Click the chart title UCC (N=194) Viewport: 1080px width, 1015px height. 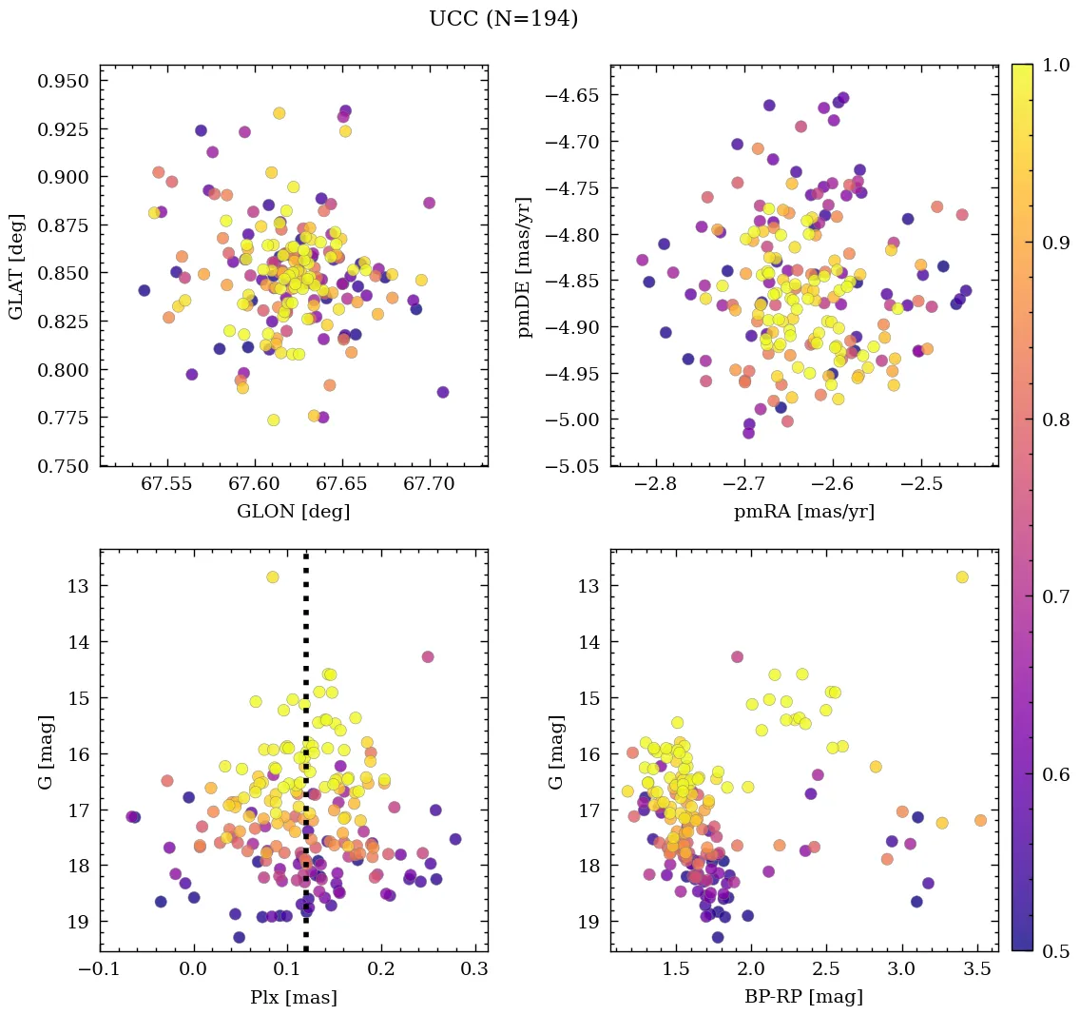(x=503, y=19)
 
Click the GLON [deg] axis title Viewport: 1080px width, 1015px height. (x=293, y=512)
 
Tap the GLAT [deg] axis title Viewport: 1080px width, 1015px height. (x=16, y=265)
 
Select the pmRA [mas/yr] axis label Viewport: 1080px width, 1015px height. (x=803, y=512)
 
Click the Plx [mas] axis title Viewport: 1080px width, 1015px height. (x=293, y=998)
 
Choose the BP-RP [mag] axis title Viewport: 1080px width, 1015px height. (x=803, y=998)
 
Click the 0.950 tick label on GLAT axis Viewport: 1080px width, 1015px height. (x=63, y=81)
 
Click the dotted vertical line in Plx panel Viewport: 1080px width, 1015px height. (x=305, y=761)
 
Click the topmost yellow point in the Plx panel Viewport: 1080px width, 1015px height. (x=273, y=576)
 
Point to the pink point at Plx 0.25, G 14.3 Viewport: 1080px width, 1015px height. (x=428, y=656)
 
